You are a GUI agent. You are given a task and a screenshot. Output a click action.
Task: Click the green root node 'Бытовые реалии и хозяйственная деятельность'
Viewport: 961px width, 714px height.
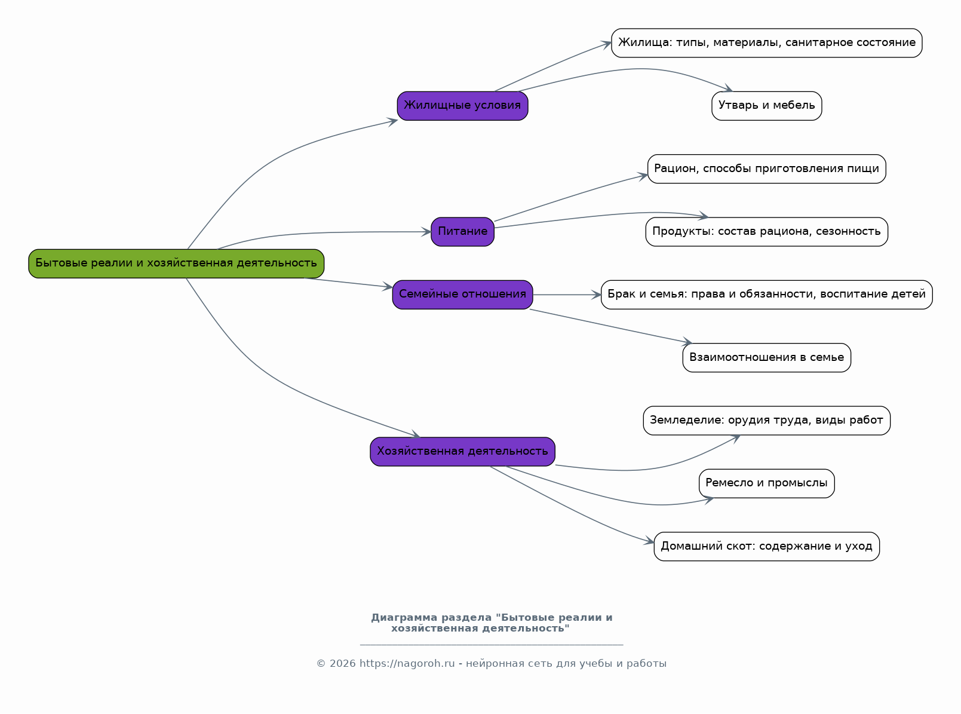click(176, 263)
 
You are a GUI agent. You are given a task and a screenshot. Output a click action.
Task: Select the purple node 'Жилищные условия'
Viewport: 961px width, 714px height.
click(462, 106)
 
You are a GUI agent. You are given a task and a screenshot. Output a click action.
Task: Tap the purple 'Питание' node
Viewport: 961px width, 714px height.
click(462, 232)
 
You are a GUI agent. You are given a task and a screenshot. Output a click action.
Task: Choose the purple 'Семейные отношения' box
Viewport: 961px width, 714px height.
click(462, 295)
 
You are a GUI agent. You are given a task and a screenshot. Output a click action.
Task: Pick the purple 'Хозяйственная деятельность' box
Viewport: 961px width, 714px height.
click(462, 452)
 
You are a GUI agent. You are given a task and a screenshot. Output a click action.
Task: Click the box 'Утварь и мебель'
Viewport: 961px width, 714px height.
click(766, 106)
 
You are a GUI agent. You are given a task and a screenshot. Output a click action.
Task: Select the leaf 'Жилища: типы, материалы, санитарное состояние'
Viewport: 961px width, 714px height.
click(766, 43)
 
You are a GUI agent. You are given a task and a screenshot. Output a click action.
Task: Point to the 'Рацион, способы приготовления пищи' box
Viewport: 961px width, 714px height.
click(766, 169)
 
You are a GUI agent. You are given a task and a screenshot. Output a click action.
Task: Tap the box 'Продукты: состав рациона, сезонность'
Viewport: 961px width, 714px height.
click(766, 232)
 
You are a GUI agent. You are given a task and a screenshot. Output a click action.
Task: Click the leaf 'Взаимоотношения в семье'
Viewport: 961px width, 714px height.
click(766, 358)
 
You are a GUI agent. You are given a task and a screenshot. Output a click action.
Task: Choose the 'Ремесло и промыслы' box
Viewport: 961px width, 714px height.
click(766, 483)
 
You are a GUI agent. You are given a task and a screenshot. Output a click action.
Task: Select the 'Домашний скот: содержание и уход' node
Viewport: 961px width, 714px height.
click(766, 546)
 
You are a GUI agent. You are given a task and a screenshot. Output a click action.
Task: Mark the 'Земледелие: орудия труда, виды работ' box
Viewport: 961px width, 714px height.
click(766, 421)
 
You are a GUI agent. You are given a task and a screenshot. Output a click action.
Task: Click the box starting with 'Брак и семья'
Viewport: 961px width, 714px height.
click(766, 295)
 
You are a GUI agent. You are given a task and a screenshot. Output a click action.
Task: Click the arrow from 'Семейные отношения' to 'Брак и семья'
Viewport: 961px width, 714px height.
click(567, 295)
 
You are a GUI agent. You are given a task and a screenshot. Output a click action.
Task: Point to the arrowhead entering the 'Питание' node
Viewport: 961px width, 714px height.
click(426, 232)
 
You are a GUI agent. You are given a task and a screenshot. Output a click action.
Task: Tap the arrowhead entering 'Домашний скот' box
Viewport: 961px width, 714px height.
click(649, 541)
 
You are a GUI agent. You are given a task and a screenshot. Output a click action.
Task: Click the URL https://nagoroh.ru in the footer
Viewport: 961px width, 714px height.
click(407, 664)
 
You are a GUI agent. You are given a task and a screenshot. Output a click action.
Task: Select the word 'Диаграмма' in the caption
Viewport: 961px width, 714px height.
click(404, 618)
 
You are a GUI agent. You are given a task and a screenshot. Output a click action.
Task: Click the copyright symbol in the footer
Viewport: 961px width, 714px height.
click(321, 664)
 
